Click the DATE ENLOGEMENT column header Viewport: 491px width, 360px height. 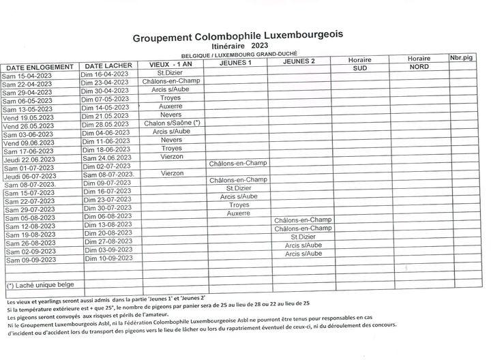click(40, 67)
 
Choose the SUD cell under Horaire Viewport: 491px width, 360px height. click(359, 68)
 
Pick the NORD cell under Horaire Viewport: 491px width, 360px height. click(419, 68)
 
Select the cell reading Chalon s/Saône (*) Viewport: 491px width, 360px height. click(171, 123)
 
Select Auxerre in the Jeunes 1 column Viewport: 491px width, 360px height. click(239, 213)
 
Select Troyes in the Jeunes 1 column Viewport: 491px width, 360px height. click(239, 205)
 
